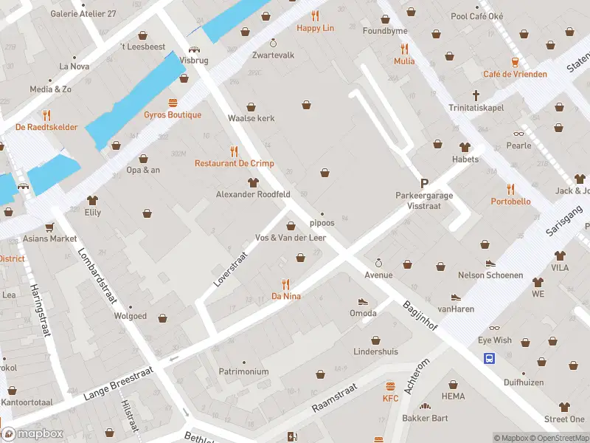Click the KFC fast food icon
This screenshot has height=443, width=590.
[390, 386]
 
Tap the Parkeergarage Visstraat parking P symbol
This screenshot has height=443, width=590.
[424, 183]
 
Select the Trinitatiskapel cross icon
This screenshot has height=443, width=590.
[476, 95]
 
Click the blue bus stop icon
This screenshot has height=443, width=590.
[489, 359]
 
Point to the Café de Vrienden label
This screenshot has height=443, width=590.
[515, 74]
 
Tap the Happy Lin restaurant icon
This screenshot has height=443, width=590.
[316, 16]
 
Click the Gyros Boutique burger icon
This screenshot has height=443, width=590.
[173, 103]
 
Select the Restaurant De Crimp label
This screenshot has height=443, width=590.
[234, 163]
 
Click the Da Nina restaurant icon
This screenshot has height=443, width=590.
[286, 284]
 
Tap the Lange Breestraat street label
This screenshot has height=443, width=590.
[113, 384]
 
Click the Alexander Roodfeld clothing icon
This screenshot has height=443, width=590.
[253, 182]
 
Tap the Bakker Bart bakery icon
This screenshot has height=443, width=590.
[425, 406]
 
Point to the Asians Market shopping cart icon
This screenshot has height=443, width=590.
[49, 227]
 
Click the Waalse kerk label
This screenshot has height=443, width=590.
[251, 118]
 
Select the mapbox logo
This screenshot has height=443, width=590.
[32, 433]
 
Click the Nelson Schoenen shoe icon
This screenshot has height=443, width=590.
[490, 263]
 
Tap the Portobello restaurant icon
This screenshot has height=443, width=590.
[510, 189]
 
